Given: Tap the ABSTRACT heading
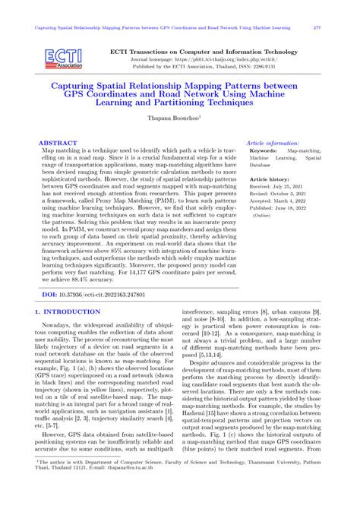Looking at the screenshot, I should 58,142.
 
